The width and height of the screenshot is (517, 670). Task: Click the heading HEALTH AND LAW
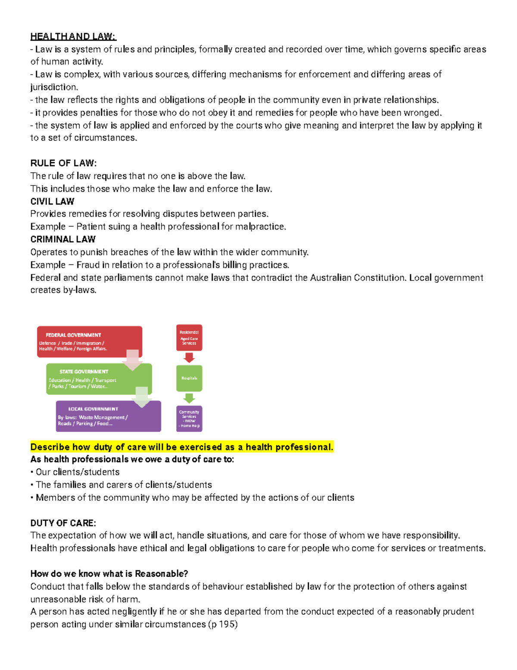(x=73, y=37)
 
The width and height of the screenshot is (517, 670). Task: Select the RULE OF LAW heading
(x=63, y=163)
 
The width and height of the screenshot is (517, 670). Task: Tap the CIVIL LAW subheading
(x=52, y=201)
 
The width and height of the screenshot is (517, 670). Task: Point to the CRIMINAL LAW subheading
(x=63, y=239)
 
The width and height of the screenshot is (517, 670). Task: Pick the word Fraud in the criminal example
(x=88, y=265)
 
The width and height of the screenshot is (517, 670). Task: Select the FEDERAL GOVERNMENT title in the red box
(x=73, y=335)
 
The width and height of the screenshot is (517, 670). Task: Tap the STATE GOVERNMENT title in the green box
(x=84, y=371)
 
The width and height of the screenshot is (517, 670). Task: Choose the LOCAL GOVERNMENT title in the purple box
(x=93, y=409)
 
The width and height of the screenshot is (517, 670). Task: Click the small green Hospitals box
(x=189, y=378)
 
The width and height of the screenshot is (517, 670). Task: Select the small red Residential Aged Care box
(x=189, y=337)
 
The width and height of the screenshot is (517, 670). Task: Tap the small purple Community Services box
(x=189, y=418)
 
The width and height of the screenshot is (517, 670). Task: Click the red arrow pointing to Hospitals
(x=189, y=358)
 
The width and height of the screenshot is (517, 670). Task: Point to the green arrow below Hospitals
(x=189, y=398)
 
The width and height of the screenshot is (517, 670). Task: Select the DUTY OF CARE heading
(x=63, y=523)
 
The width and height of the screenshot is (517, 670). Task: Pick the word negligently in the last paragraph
(x=134, y=612)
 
